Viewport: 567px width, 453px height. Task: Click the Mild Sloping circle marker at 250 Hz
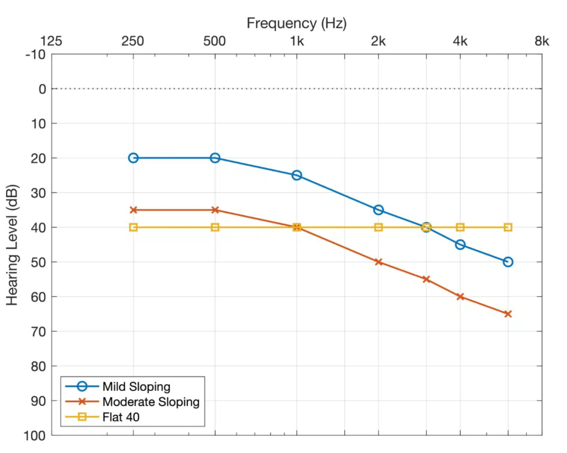[x=133, y=158]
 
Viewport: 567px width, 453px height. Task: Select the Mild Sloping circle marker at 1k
[x=297, y=175]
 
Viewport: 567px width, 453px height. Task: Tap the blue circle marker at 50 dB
[x=508, y=262]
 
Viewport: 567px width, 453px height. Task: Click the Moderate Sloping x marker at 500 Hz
[x=215, y=210]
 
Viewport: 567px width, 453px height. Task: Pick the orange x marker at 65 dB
[x=508, y=314]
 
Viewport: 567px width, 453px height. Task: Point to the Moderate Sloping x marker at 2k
[x=379, y=262]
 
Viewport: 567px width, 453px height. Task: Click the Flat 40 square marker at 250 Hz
[x=133, y=227]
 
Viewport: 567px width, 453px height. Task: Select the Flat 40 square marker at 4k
[x=460, y=227]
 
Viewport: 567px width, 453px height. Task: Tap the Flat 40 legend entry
[x=121, y=417]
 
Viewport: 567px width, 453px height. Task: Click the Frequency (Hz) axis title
[x=297, y=23]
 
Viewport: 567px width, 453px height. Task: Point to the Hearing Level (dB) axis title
[x=13, y=245]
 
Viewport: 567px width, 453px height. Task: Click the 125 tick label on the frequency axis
[x=51, y=41]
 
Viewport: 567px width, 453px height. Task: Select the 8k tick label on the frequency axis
[x=542, y=41]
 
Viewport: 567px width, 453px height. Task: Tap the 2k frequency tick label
[x=379, y=41]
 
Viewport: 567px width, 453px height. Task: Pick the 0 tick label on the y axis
[x=40, y=89]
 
